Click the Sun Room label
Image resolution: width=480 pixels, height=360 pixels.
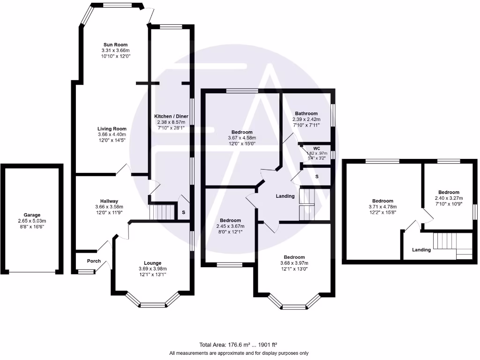[x=115, y=45]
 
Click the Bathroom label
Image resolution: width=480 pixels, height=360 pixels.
[x=306, y=113]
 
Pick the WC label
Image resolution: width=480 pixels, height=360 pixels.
[x=316, y=148]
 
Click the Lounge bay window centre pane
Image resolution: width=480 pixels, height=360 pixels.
[x=153, y=305]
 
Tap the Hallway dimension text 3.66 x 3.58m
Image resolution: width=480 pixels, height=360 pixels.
[x=108, y=206]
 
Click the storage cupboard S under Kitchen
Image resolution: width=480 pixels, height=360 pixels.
[x=183, y=212]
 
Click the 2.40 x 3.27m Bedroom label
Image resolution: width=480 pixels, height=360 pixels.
[x=449, y=198]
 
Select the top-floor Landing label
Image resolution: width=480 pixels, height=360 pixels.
[x=421, y=250]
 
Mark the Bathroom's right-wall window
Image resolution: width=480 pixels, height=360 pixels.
[x=333, y=115]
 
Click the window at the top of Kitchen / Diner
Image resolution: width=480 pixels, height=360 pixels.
[x=170, y=26]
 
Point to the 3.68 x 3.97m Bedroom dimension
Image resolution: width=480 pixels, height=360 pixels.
[x=294, y=263]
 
